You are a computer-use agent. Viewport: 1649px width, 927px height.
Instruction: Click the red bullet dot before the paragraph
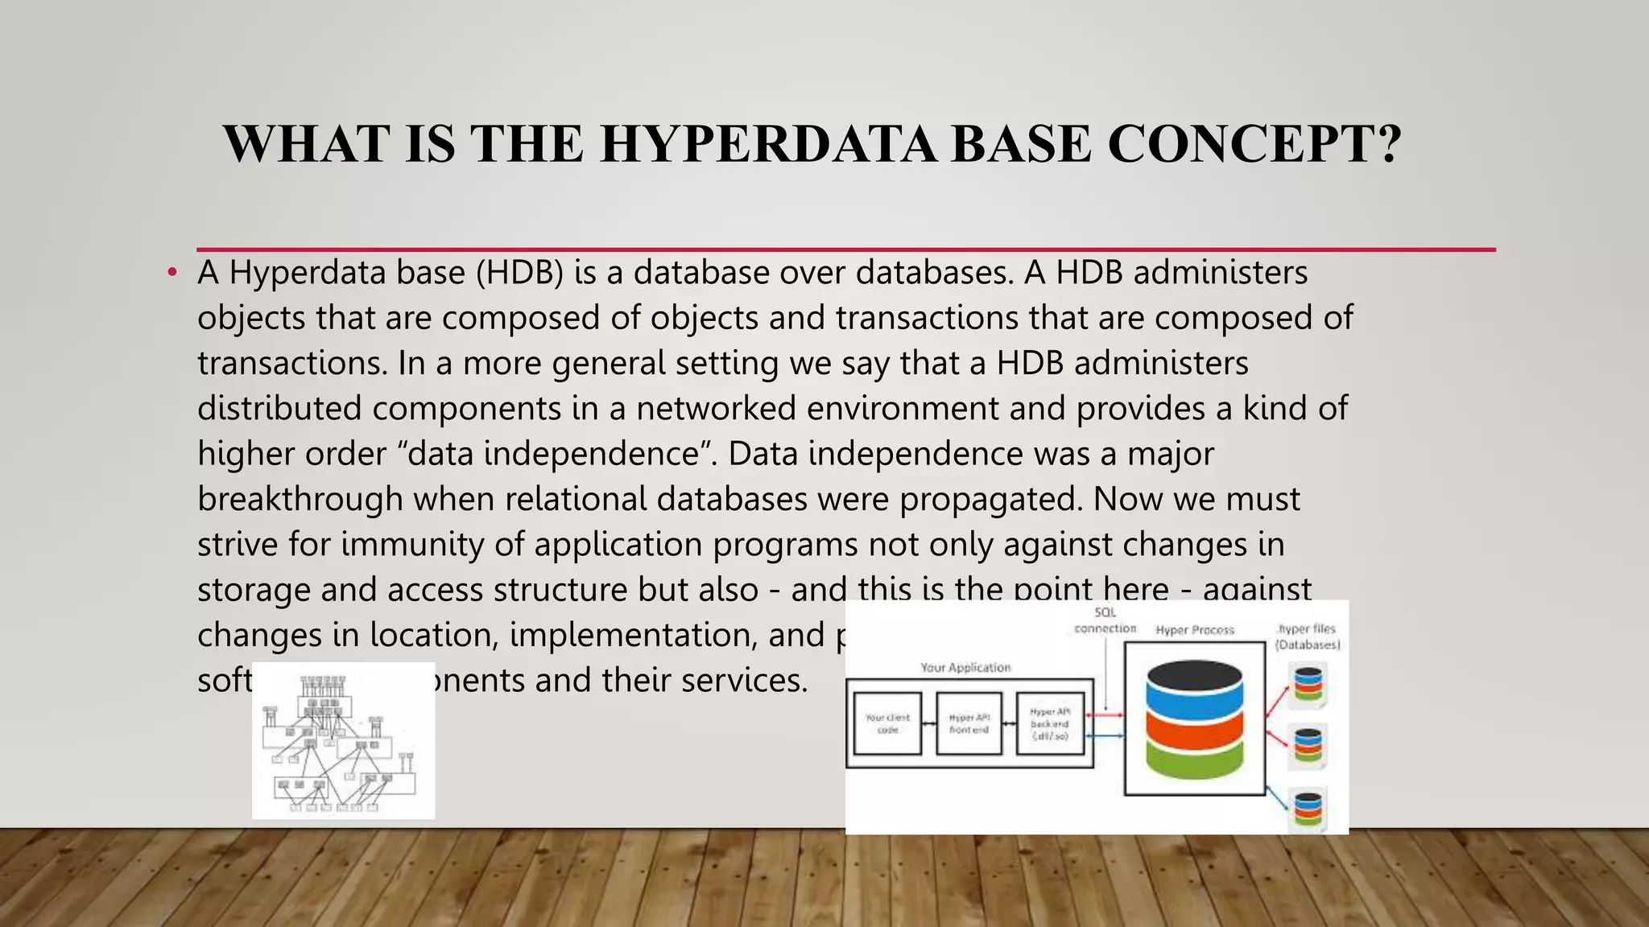[x=172, y=273]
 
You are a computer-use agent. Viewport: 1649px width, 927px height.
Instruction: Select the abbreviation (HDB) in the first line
[x=519, y=273]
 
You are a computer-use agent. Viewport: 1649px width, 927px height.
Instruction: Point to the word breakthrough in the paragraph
[x=300, y=499]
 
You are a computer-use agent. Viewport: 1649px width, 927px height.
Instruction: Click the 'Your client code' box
[x=887, y=723]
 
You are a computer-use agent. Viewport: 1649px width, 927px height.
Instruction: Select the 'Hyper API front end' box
[x=969, y=723]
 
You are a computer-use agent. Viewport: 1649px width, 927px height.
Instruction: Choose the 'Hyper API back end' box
[x=1050, y=723]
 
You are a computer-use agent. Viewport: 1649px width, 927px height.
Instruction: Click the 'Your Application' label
[x=965, y=668]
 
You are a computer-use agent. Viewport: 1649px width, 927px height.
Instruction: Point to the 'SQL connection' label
[x=1105, y=621]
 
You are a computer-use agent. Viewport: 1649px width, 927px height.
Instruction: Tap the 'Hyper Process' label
[x=1195, y=630]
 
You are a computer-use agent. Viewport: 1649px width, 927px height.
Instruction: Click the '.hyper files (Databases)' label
[x=1308, y=637]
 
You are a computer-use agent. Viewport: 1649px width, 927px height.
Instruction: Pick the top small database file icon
[x=1308, y=684]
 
